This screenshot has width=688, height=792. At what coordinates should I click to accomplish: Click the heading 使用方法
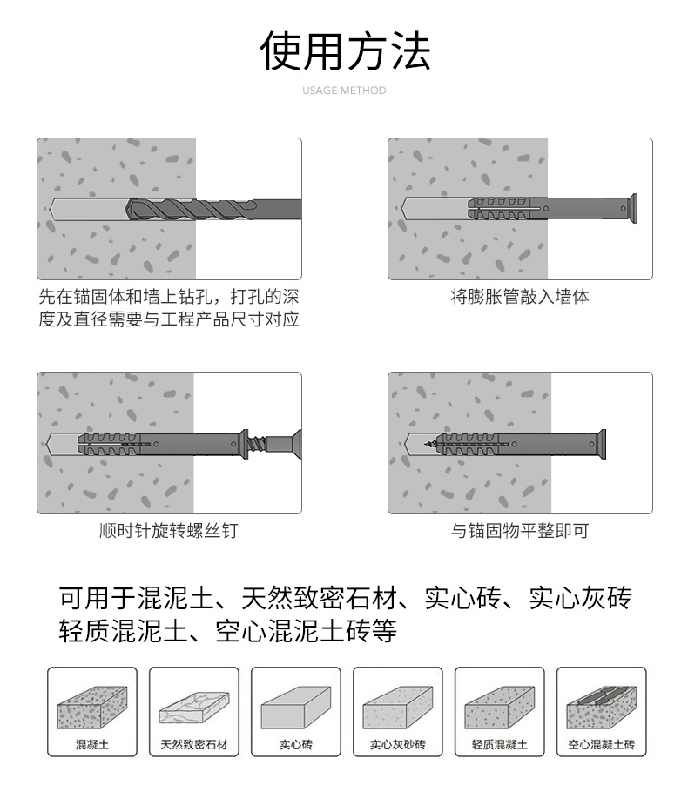click(x=345, y=50)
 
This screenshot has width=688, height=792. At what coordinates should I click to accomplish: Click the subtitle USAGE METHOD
click(x=344, y=91)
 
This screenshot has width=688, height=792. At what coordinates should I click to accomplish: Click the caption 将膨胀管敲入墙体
click(x=520, y=297)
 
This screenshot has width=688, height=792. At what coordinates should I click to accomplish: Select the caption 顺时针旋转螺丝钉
click(x=168, y=530)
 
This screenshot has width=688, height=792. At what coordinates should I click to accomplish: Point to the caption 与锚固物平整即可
click(x=520, y=530)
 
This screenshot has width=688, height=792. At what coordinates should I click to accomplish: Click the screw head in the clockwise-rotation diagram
click(x=294, y=444)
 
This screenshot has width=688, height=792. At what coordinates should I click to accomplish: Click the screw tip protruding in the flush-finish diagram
click(x=429, y=445)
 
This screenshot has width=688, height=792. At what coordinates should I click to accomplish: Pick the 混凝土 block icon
click(x=92, y=707)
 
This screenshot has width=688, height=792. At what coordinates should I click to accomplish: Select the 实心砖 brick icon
click(x=296, y=707)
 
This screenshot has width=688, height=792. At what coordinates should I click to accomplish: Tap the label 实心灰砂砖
click(x=397, y=744)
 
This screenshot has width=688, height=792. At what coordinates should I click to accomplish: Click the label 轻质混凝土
click(x=499, y=744)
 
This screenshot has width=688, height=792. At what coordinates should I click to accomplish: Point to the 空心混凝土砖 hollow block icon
click(x=601, y=707)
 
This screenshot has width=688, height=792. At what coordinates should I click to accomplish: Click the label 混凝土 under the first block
click(x=92, y=744)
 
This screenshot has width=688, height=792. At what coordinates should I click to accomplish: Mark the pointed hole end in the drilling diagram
click(x=50, y=209)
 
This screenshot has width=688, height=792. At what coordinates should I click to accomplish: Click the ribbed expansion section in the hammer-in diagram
click(x=499, y=208)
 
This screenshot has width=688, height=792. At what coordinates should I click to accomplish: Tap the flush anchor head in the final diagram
click(x=601, y=445)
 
